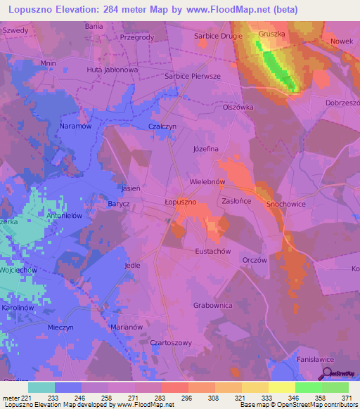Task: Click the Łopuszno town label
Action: point(180,202)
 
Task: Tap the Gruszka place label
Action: point(271,33)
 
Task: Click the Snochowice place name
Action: point(285,204)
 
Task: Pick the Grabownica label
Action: point(212,306)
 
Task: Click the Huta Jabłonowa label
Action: point(112,70)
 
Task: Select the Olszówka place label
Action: point(238,108)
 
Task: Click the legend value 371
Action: point(345,398)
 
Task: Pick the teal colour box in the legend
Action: point(41,387)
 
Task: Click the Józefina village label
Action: point(206,149)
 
